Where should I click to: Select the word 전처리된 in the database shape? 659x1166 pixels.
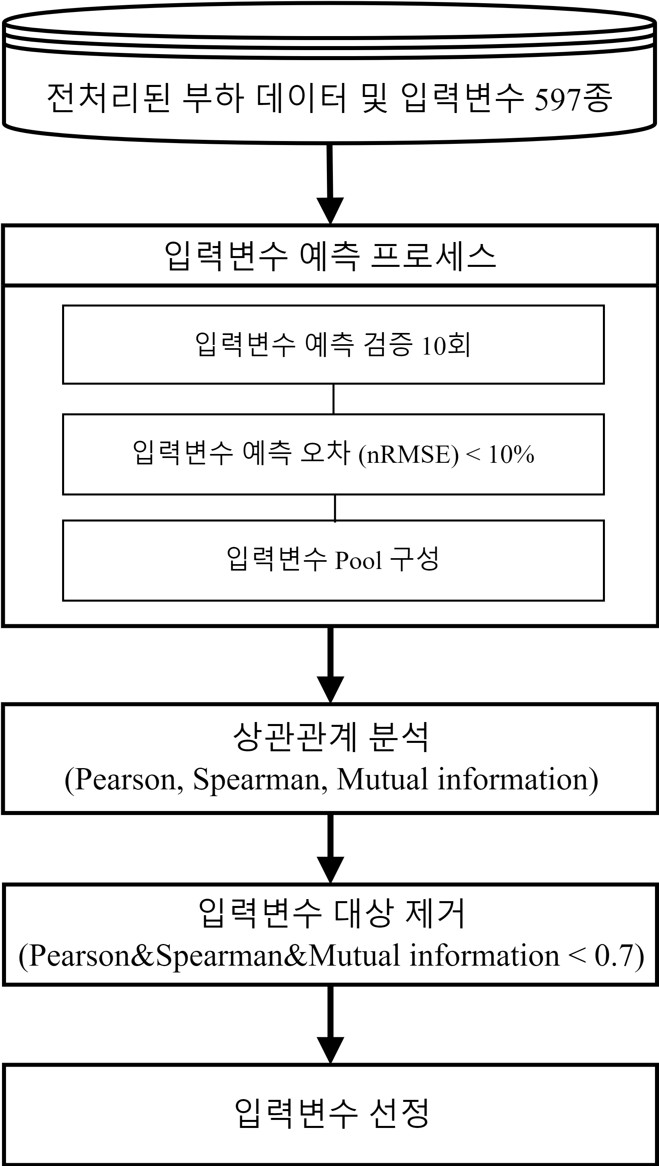(109, 97)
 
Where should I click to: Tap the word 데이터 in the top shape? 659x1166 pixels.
(301, 97)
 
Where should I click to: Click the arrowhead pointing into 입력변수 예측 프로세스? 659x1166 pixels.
(330, 211)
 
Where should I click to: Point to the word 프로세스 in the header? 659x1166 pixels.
(433, 256)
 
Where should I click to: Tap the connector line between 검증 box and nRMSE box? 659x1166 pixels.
(334, 399)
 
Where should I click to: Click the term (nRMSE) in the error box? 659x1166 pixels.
(408, 455)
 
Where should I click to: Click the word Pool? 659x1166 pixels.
(359, 561)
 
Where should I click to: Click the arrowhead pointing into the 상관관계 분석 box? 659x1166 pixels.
(331, 689)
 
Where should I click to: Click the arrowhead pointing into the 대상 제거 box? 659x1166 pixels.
(331, 869)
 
